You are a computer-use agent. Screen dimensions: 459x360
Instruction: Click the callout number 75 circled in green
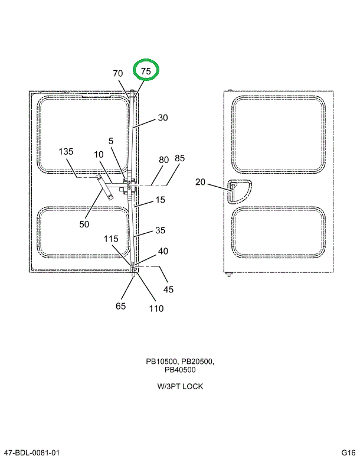146,71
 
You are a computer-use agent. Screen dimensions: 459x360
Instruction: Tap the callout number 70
118,73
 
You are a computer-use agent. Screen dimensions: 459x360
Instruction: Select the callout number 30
162,118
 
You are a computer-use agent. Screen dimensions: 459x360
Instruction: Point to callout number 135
66,152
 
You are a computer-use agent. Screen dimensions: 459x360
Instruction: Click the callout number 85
180,158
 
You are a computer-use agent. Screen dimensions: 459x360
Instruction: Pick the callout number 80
163,160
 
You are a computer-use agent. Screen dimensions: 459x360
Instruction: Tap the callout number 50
84,224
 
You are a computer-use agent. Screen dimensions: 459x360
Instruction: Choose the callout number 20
200,182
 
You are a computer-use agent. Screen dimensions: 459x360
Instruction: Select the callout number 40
163,251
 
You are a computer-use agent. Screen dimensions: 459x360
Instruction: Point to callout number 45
169,289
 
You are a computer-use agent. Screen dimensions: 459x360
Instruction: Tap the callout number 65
120,306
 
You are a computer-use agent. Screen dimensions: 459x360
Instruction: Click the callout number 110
156,308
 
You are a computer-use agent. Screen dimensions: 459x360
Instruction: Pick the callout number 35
161,231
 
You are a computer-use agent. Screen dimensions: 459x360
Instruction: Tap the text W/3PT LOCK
180,386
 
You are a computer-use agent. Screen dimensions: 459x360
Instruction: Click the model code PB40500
180,370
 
